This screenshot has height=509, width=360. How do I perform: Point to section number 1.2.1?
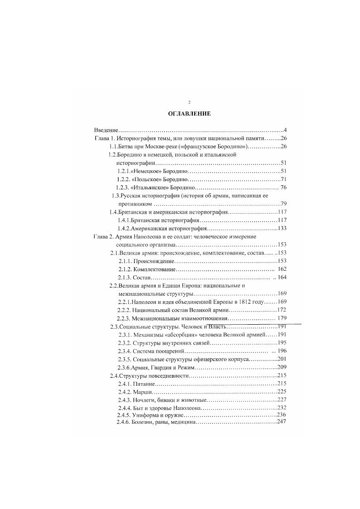(x=123, y=171)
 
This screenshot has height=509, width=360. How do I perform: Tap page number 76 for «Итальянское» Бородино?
(x=283, y=187)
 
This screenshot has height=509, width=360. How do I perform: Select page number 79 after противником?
(x=284, y=204)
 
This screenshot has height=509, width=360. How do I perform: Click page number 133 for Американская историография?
(x=282, y=228)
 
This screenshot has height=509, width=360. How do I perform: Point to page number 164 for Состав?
(x=283, y=277)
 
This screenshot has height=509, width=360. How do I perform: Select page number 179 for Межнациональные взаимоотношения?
(x=282, y=318)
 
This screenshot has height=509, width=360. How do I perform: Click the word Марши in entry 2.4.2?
(x=143, y=391)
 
